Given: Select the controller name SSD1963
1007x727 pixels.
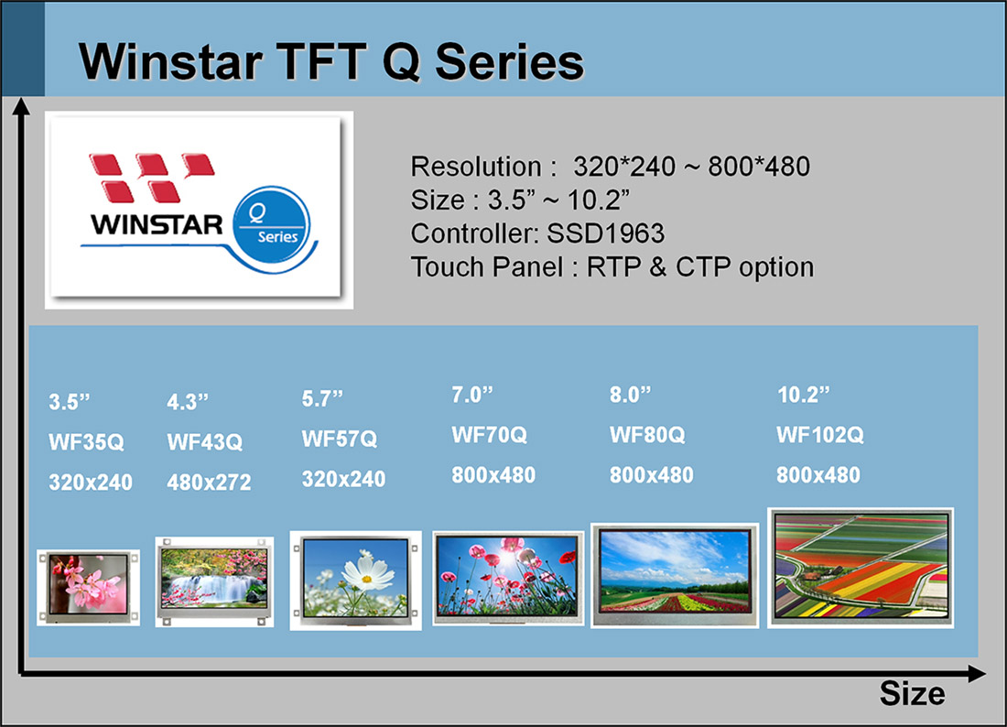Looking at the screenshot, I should click(606, 233).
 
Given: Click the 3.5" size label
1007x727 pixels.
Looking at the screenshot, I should click(70, 403).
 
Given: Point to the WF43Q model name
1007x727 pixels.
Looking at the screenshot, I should click(204, 443).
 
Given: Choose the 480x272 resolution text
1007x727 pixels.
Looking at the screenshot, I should click(209, 483).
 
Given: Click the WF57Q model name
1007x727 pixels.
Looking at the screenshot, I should click(339, 439).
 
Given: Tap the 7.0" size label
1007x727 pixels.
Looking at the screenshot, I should click(472, 396).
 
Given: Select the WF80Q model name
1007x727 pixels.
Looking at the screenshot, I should click(647, 436).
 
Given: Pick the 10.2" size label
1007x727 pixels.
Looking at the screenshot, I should click(803, 396).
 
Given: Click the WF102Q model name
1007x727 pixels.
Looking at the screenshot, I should click(820, 436).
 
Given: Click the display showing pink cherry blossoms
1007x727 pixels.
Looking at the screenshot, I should click(89, 587).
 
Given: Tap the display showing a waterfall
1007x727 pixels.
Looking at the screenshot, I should click(213, 581).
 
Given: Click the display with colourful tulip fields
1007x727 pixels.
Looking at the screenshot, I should click(861, 567).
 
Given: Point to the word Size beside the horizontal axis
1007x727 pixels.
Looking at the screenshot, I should click(912, 694).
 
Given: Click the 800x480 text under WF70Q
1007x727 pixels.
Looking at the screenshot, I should click(493, 475).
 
